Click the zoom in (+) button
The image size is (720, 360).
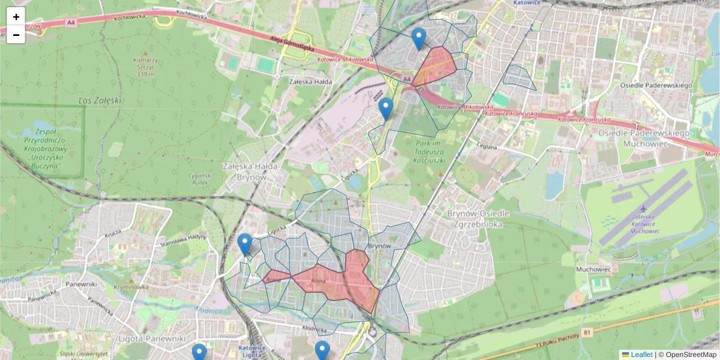point(16,17)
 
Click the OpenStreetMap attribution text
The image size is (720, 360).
point(691,355)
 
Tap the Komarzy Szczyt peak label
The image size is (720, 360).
point(146,67)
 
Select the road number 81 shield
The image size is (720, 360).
point(587,331)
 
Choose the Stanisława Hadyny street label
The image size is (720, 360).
point(182,241)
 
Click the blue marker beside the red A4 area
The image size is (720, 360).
point(419,39)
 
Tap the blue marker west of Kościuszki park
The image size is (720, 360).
point(386,110)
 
